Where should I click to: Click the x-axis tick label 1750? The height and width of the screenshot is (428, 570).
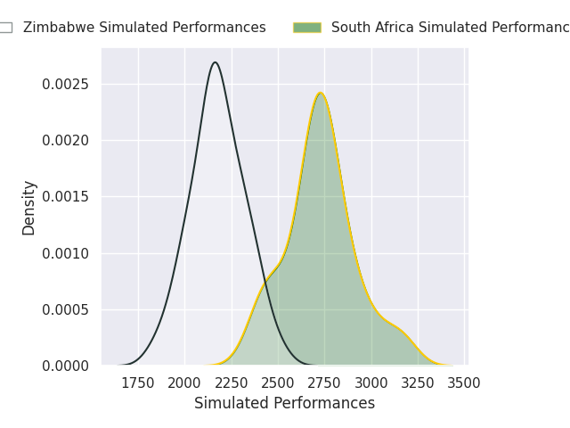point(138,383)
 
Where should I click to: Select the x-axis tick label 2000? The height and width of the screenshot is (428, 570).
point(184,383)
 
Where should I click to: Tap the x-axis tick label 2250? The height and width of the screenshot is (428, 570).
point(232,383)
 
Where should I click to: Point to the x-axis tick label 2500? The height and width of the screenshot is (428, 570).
point(278,383)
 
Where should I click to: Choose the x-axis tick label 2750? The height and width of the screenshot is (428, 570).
point(324,383)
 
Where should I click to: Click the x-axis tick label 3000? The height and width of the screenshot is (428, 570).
point(371,383)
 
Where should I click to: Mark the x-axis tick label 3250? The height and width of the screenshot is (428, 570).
point(418,383)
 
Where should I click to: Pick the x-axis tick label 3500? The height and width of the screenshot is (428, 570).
point(464,383)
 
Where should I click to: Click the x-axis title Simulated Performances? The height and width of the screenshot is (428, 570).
point(284,404)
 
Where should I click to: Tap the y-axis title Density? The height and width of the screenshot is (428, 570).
point(29,207)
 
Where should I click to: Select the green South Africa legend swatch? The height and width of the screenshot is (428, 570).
point(306,28)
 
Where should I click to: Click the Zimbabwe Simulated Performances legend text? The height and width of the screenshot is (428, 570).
point(144,28)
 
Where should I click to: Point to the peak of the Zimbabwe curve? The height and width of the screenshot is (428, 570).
point(215,62)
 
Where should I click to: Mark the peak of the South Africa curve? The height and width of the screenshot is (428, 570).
point(321,93)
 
